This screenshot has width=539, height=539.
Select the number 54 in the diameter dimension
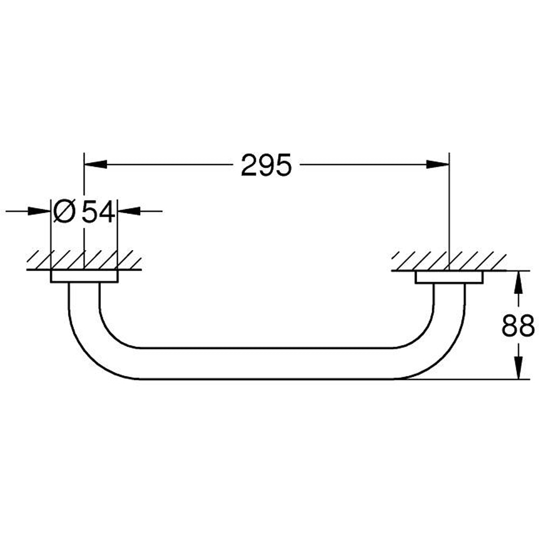point(99,211)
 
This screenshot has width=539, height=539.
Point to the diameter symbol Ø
point(64,211)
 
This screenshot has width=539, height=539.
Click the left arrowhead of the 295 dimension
point(94,164)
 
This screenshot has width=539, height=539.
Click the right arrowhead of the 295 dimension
point(438,164)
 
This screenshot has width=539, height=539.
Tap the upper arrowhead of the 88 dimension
point(518,281)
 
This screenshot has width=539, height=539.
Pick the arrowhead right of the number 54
point(128,211)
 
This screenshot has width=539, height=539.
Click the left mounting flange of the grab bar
point(84,277)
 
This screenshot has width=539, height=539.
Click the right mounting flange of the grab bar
point(449,277)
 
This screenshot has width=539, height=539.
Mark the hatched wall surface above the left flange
point(84,260)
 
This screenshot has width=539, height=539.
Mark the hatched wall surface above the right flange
point(449,260)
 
